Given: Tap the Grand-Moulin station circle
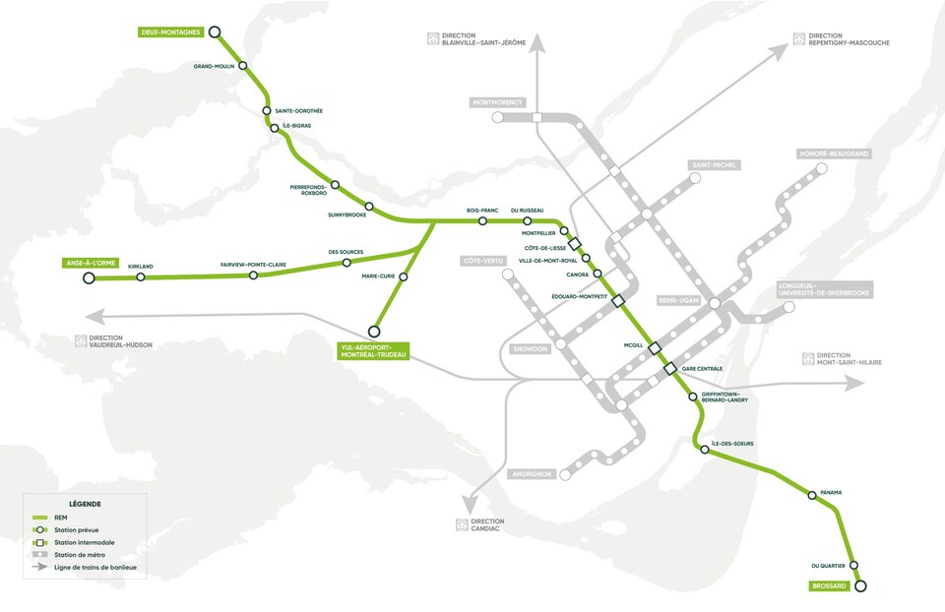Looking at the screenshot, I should click(243, 68).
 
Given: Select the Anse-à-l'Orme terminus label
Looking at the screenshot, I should click(90, 264).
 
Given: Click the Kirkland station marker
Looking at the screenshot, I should click(141, 277).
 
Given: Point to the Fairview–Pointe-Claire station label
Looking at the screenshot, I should click(253, 264).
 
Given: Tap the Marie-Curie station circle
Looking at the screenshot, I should click(404, 276).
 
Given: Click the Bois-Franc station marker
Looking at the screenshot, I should click(482, 221).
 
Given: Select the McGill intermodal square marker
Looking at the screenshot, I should click(654, 346).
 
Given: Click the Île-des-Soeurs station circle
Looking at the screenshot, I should click(704, 450).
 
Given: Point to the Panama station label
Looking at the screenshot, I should click(832, 492).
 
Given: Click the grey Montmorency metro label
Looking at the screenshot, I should click(497, 102).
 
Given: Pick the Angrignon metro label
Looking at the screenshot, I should click(532, 473).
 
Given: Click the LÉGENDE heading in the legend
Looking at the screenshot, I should click(85, 504).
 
